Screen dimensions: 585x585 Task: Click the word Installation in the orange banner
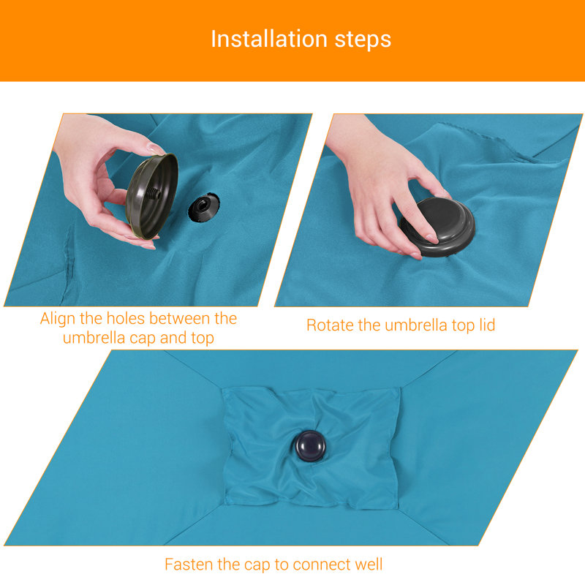click(269, 39)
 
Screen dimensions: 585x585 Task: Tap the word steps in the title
click(363, 40)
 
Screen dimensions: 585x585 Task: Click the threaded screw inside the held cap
click(154, 193)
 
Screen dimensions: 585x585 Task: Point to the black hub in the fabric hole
click(203, 207)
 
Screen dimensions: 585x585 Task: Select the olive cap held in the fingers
click(151, 195)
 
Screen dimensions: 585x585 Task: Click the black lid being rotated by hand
click(438, 227)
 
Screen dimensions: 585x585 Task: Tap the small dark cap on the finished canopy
click(310, 446)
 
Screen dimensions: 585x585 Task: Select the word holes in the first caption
click(125, 319)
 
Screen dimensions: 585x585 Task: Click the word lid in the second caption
click(487, 325)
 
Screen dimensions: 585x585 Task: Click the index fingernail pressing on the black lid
click(432, 238)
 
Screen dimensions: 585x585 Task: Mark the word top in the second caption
click(463, 325)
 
